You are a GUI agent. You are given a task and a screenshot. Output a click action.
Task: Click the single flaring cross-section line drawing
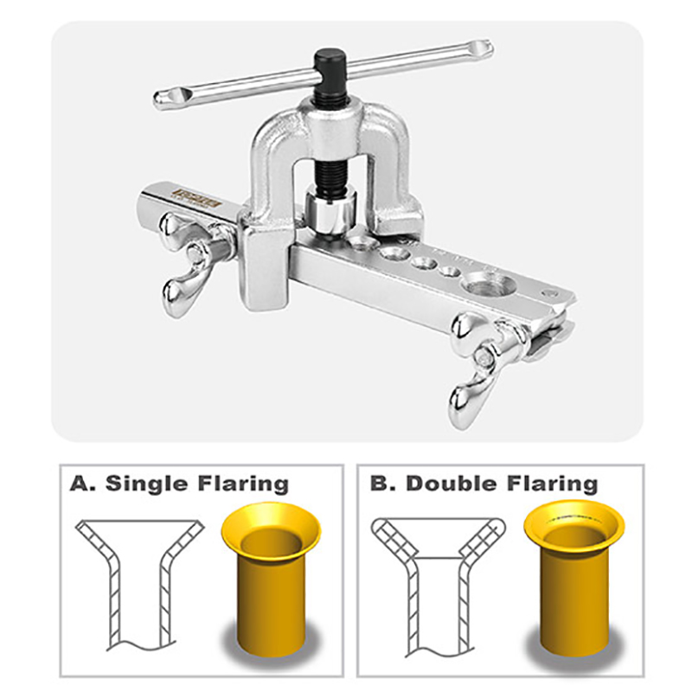(138, 580)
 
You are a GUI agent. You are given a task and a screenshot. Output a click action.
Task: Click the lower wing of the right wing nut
(464, 402)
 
